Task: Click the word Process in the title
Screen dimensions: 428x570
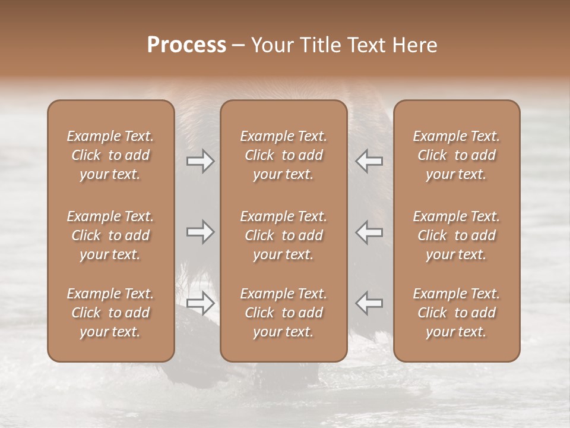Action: point(186,45)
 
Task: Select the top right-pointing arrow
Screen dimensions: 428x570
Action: point(200,161)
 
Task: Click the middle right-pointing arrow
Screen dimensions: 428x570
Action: point(200,232)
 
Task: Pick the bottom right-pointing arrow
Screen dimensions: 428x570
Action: point(200,303)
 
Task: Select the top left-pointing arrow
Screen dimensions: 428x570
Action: point(369,161)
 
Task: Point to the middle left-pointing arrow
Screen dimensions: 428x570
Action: point(369,232)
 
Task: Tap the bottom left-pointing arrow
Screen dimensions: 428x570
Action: point(369,303)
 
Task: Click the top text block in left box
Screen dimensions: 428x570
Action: point(110,155)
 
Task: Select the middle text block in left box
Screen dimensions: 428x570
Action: point(110,235)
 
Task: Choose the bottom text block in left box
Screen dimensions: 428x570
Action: point(110,313)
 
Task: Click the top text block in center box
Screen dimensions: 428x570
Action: point(284,155)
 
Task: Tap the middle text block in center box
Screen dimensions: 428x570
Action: point(284,235)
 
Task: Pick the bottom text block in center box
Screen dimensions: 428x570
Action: point(284,313)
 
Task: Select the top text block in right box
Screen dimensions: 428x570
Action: point(457,155)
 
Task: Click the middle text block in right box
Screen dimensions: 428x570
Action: point(457,235)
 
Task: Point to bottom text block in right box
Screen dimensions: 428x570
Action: point(457,313)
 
